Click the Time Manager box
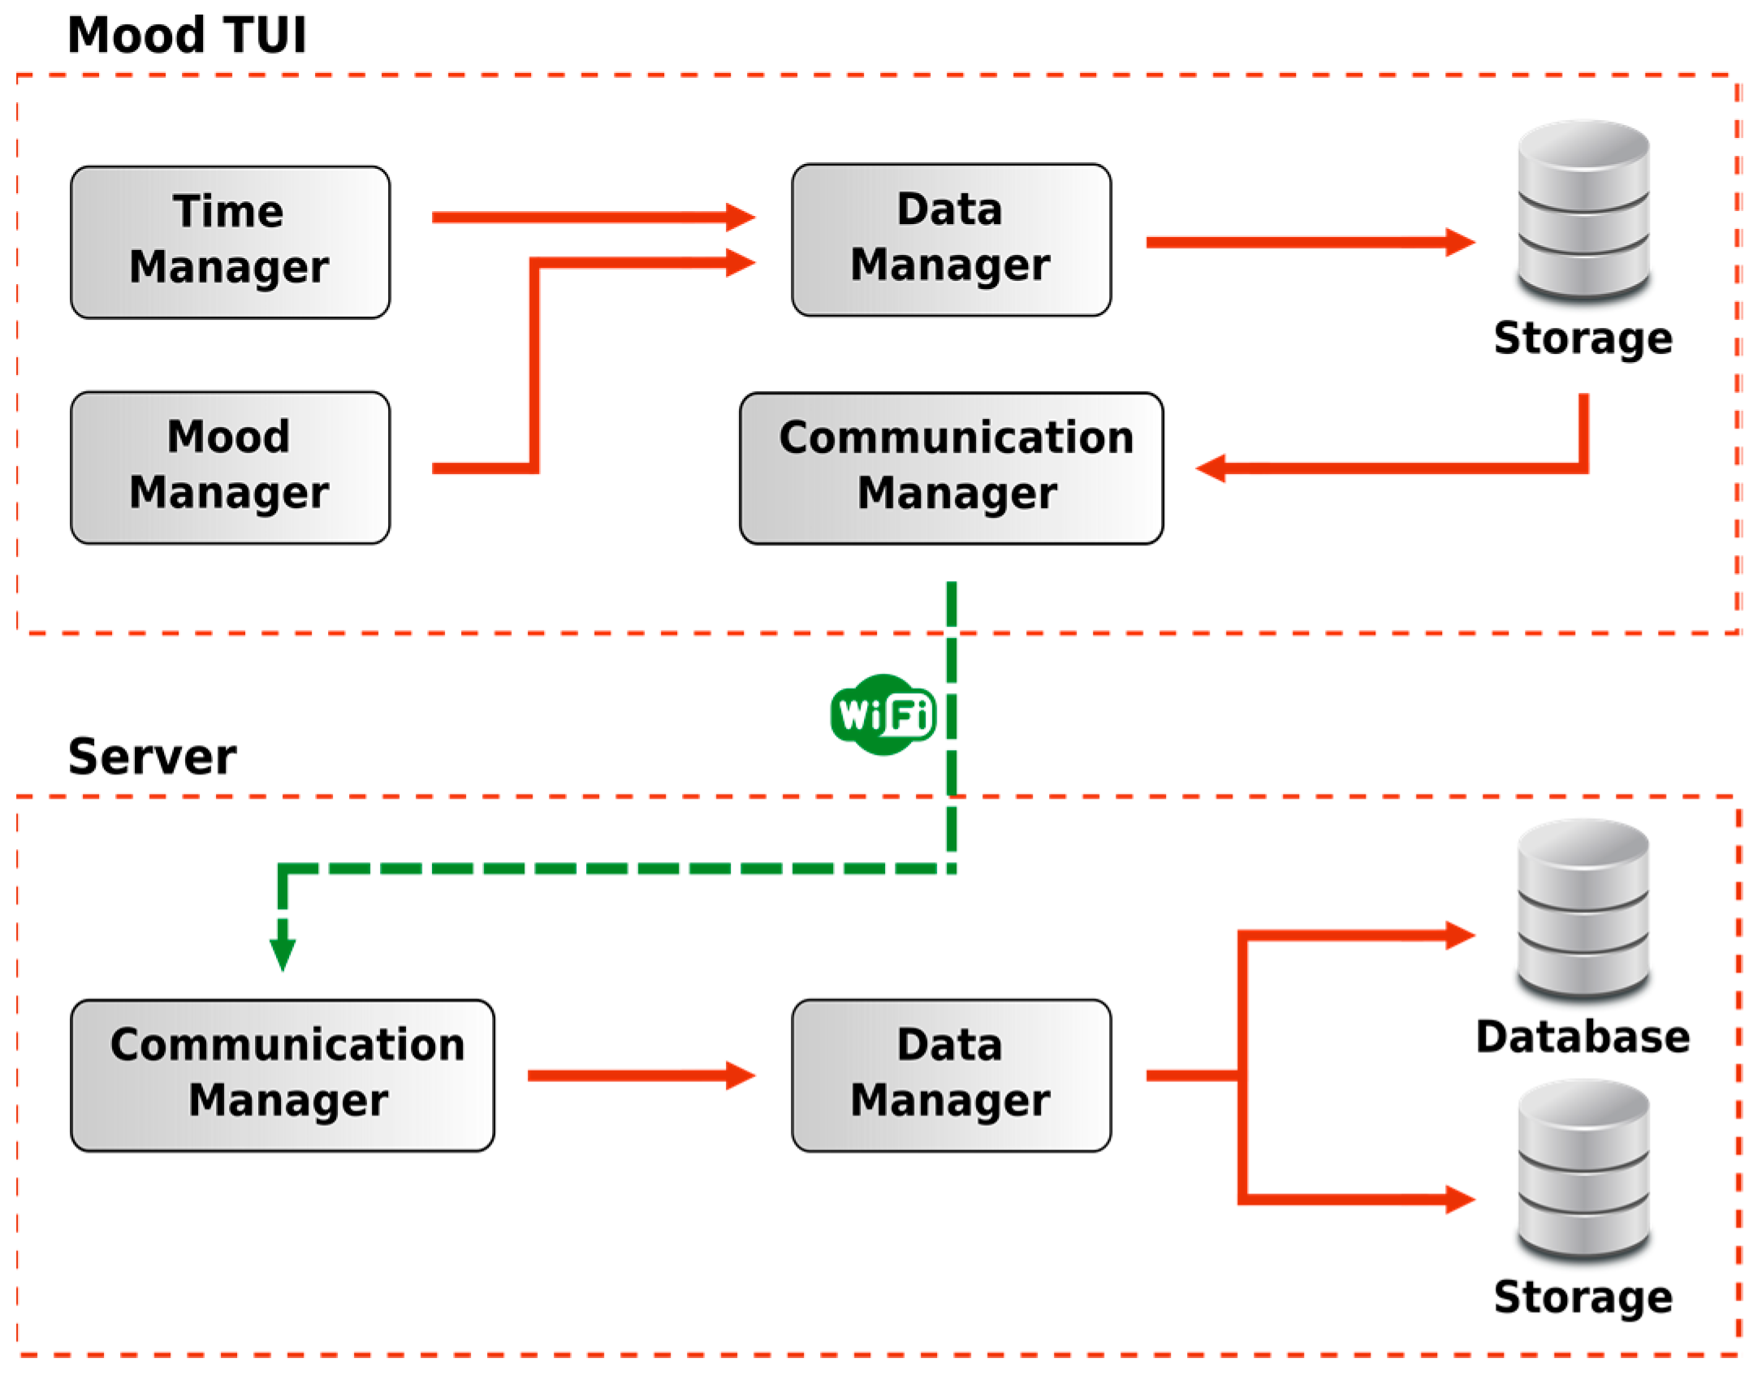click(230, 242)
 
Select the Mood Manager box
click(230, 468)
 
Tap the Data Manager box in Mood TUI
click(951, 240)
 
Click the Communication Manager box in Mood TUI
click(951, 468)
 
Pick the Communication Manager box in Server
click(283, 1076)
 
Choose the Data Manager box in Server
click(951, 1076)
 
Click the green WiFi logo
click(883, 715)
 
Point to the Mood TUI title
click(187, 36)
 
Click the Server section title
click(152, 757)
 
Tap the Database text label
click(1583, 1037)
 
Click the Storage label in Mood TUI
click(1583, 338)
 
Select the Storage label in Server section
click(1583, 1296)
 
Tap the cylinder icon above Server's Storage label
click(1583, 1169)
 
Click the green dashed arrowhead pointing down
click(283, 955)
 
